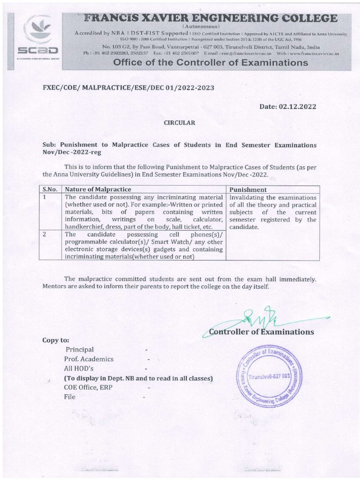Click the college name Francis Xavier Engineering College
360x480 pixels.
coord(210,18)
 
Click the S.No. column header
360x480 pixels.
coord(50,189)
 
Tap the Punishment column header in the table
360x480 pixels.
coord(248,189)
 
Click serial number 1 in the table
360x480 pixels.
coord(45,197)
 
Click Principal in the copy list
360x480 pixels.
coord(79,350)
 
